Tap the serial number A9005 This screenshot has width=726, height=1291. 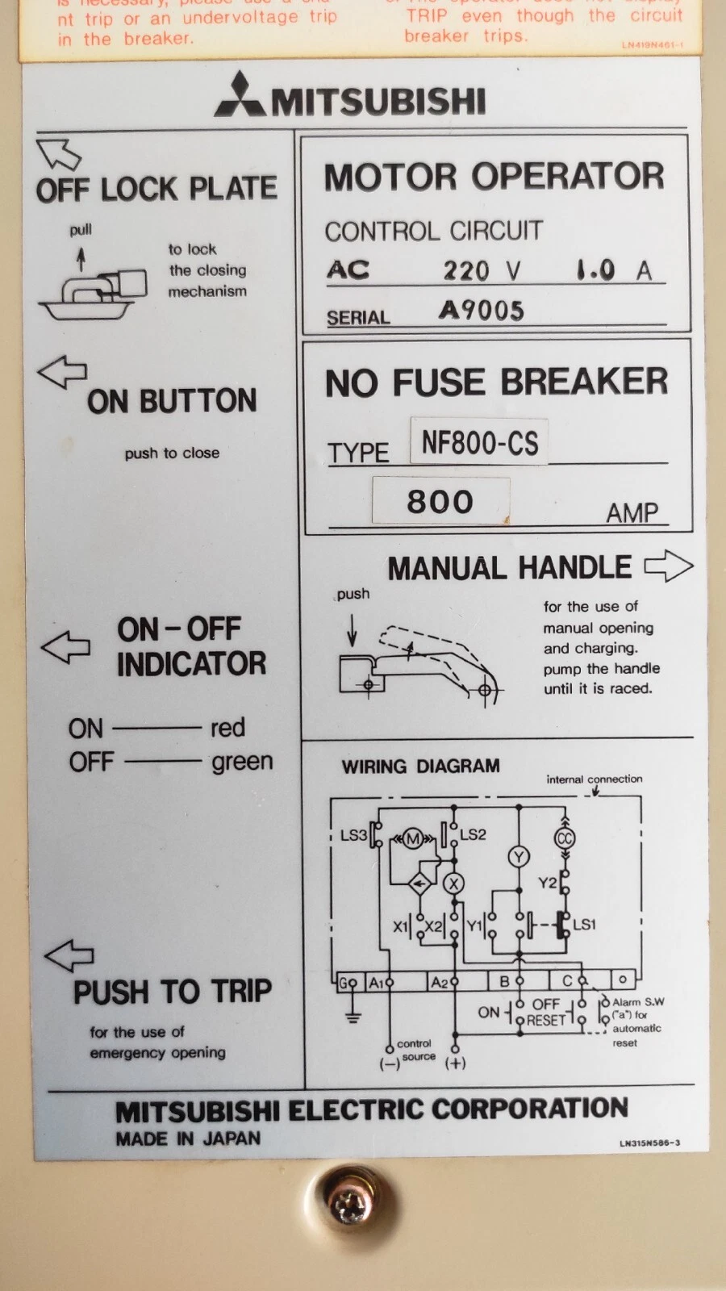tap(481, 311)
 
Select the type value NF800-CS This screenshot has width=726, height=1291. tap(479, 443)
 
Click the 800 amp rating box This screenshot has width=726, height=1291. tap(440, 501)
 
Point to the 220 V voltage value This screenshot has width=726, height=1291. tap(482, 270)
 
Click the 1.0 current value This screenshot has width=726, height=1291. tap(596, 270)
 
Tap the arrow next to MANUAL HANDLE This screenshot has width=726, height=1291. tap(669, 566)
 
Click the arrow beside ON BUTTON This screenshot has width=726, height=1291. tap(62, 372)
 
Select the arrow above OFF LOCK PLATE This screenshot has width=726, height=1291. tap(58, 153)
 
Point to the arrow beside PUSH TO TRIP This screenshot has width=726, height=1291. tap(69, 955)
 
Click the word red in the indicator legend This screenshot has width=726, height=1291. tap(227, 728)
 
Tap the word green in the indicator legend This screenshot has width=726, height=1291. tap(242, 762)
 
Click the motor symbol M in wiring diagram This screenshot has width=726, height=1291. tap(412, 839)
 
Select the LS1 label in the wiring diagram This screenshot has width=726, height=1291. tap(584, 925)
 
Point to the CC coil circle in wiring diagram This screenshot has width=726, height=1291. tap(564, 838)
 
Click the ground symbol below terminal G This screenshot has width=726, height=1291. tap(352, 1015)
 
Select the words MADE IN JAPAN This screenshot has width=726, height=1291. tap(188, 1139)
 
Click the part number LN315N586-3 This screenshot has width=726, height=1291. tap(649, 1143)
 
